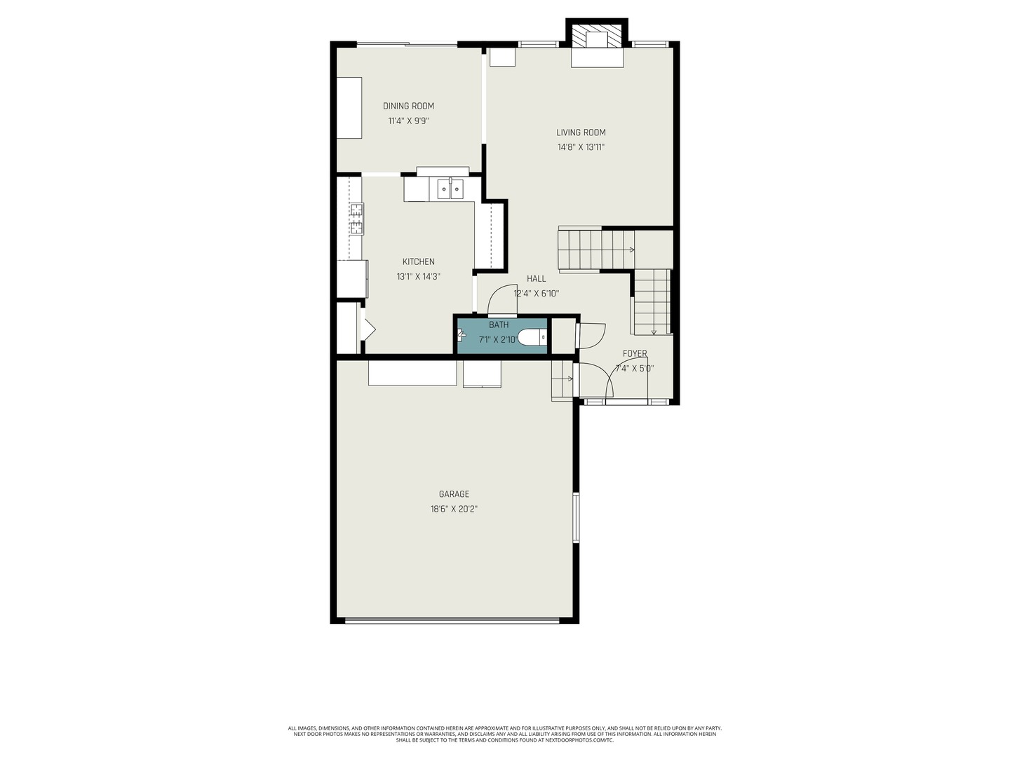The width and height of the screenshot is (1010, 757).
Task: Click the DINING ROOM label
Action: [408, 106]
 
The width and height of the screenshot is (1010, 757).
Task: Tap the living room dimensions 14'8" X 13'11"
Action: [581, 147]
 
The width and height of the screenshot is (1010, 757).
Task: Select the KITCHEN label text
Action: [418, 261]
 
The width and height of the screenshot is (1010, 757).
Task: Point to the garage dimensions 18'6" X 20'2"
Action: [454, 509]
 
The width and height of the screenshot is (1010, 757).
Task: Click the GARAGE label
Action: [454, 494]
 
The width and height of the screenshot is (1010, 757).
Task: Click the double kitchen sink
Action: [450, 189]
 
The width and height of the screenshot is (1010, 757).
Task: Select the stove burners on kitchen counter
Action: [356, 218]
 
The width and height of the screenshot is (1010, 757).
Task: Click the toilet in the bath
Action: [533, 338]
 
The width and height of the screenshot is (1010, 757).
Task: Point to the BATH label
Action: [499, 325]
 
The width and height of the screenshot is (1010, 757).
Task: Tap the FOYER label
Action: [635, 353]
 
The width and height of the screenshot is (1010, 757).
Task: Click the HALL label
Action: [536, 278]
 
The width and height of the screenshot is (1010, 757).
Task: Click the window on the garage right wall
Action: [576, 517]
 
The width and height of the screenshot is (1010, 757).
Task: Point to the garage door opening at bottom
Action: [452, 620]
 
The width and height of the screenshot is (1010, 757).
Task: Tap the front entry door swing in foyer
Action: [617, 378]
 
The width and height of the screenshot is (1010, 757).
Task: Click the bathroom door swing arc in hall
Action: [501, 301]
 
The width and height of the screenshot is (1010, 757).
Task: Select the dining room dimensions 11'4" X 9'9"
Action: [408, 121]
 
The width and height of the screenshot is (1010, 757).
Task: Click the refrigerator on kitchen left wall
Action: [351, 279]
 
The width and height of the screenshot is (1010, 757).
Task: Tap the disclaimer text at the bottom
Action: [505, 734]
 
